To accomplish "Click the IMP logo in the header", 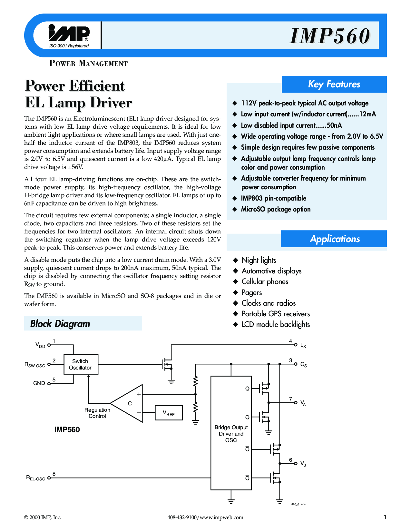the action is coord(69,33).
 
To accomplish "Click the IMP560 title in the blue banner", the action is coord(330,36).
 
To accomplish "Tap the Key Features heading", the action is coord(334,84).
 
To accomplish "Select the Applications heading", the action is coord(335,239).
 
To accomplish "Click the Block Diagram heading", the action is coord(60,324).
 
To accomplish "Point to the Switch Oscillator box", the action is coord(81,364).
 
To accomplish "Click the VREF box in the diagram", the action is coord(169,413).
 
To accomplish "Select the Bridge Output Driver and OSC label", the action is coord(231,434).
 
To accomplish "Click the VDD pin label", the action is coord(40,345).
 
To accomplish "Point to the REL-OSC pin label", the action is coord(36,478).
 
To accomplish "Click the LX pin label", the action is coord(303,345).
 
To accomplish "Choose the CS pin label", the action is coord(304,365).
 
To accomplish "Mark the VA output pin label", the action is coord(303,403).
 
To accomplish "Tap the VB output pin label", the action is coord(303,464).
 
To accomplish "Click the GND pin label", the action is coord(39,383).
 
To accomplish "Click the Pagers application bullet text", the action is coord(252,292).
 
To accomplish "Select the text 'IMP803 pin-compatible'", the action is coord(274,198).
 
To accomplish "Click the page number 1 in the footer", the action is coord(385,517).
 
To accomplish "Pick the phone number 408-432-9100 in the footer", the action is coord(182,517).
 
